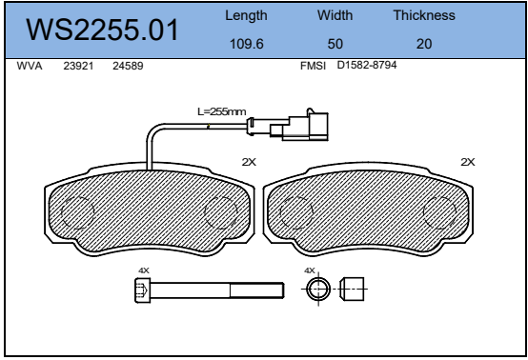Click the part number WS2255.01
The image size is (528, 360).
click(102, 30)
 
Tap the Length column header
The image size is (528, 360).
click(246, 16)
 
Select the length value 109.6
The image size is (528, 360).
click(247, 44)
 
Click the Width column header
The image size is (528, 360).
click(335, 15)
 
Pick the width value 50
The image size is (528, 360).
click(335, 44)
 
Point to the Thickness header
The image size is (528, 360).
click(424, 15)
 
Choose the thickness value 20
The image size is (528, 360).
click(424, 44)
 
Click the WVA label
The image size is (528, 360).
click(30, 66)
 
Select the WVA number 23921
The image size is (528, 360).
click(78, 66)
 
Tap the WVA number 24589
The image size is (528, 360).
click(128, 66)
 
